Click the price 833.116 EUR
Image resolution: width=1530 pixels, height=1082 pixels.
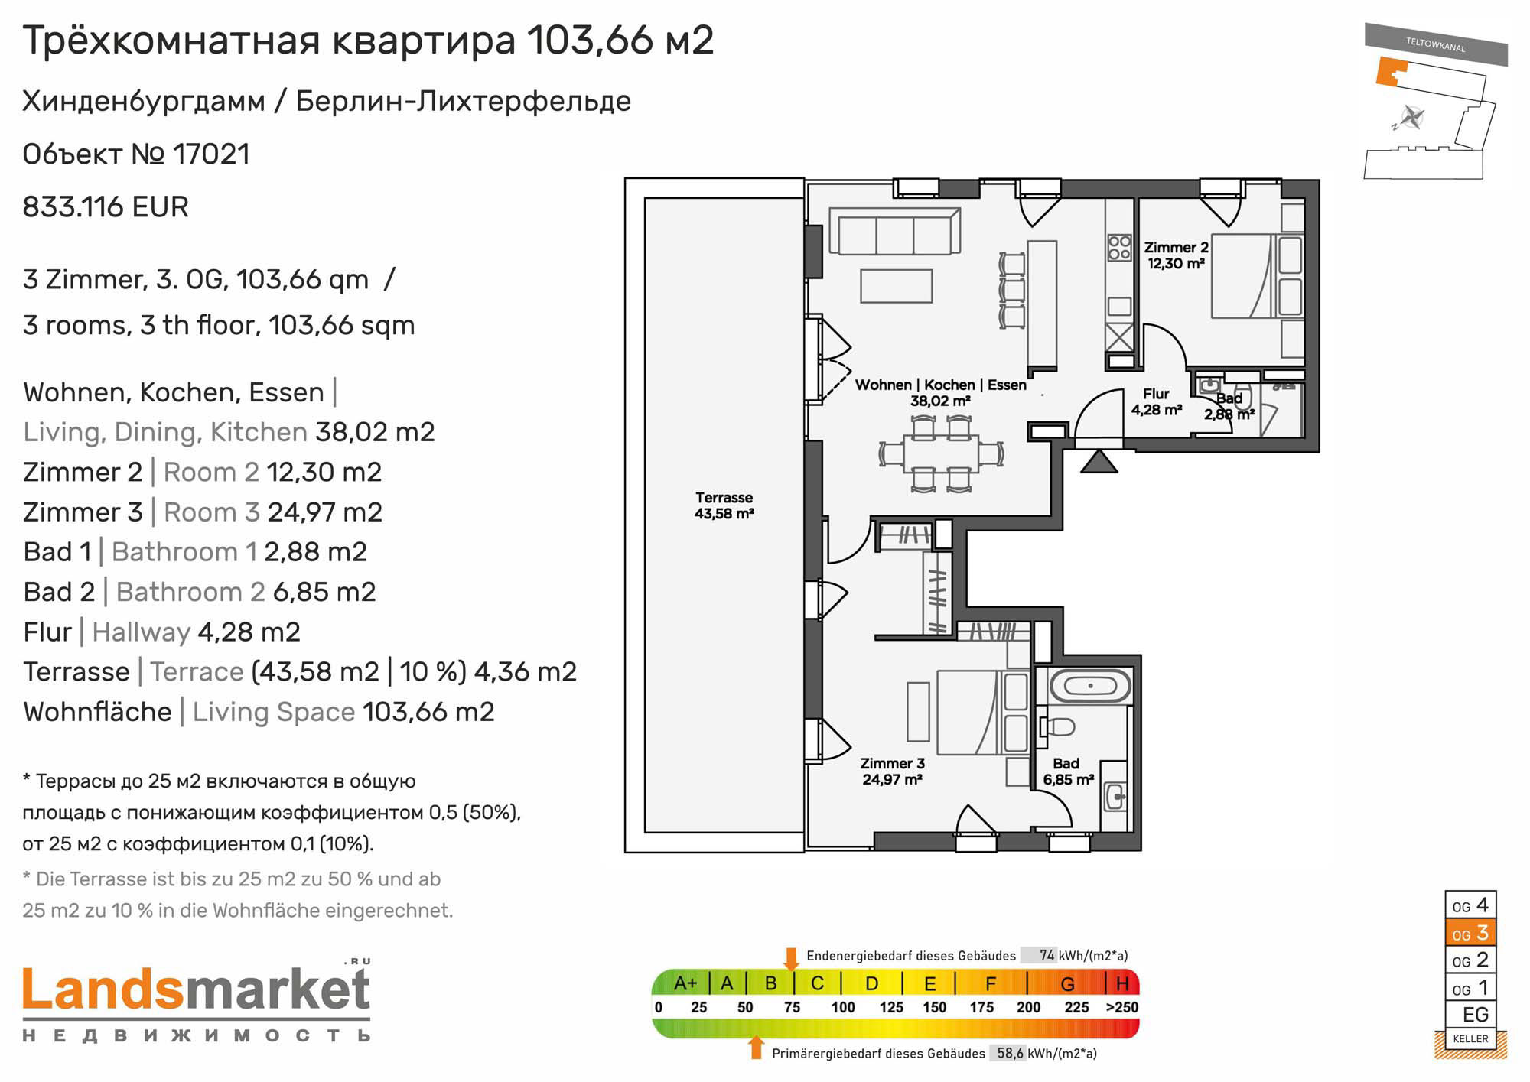coord(106,207)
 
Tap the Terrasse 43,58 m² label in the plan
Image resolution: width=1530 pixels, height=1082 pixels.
coord(724,505)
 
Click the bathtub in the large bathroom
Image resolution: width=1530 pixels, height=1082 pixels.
coord(1090,686)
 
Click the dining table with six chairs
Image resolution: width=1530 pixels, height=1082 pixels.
coord(941,453)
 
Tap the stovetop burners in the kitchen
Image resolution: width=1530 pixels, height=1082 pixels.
coord(1120,247)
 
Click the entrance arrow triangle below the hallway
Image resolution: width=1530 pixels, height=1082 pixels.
coord(1099,461)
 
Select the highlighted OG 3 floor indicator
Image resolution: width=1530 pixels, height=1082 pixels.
coord(1470,933)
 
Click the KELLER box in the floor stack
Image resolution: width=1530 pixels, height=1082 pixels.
coord(1470,1038)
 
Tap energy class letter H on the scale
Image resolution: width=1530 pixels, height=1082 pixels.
coord(1122,983)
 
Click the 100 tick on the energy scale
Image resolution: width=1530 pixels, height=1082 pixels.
coord(843,1007)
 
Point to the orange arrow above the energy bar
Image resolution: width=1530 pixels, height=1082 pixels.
coord(792,958)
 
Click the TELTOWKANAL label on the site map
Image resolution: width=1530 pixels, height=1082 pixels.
coord(1435,44)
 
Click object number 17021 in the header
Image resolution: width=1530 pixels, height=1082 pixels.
coord(212,154)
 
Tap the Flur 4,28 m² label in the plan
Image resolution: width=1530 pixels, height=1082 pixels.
coord(1157,401)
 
